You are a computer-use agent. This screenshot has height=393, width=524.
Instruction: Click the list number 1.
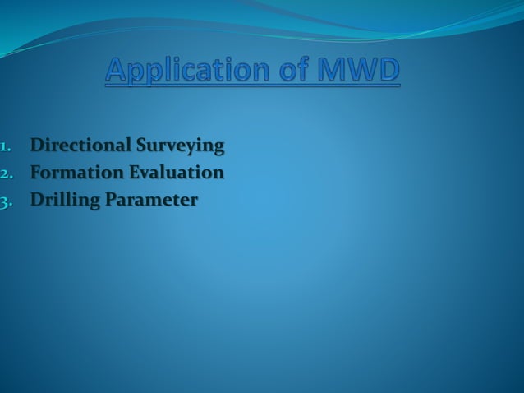(x=5, y=147)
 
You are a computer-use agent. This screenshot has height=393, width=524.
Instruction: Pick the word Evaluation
(x=175, y=173)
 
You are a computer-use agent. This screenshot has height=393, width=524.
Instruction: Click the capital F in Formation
(x=36, y=173)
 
